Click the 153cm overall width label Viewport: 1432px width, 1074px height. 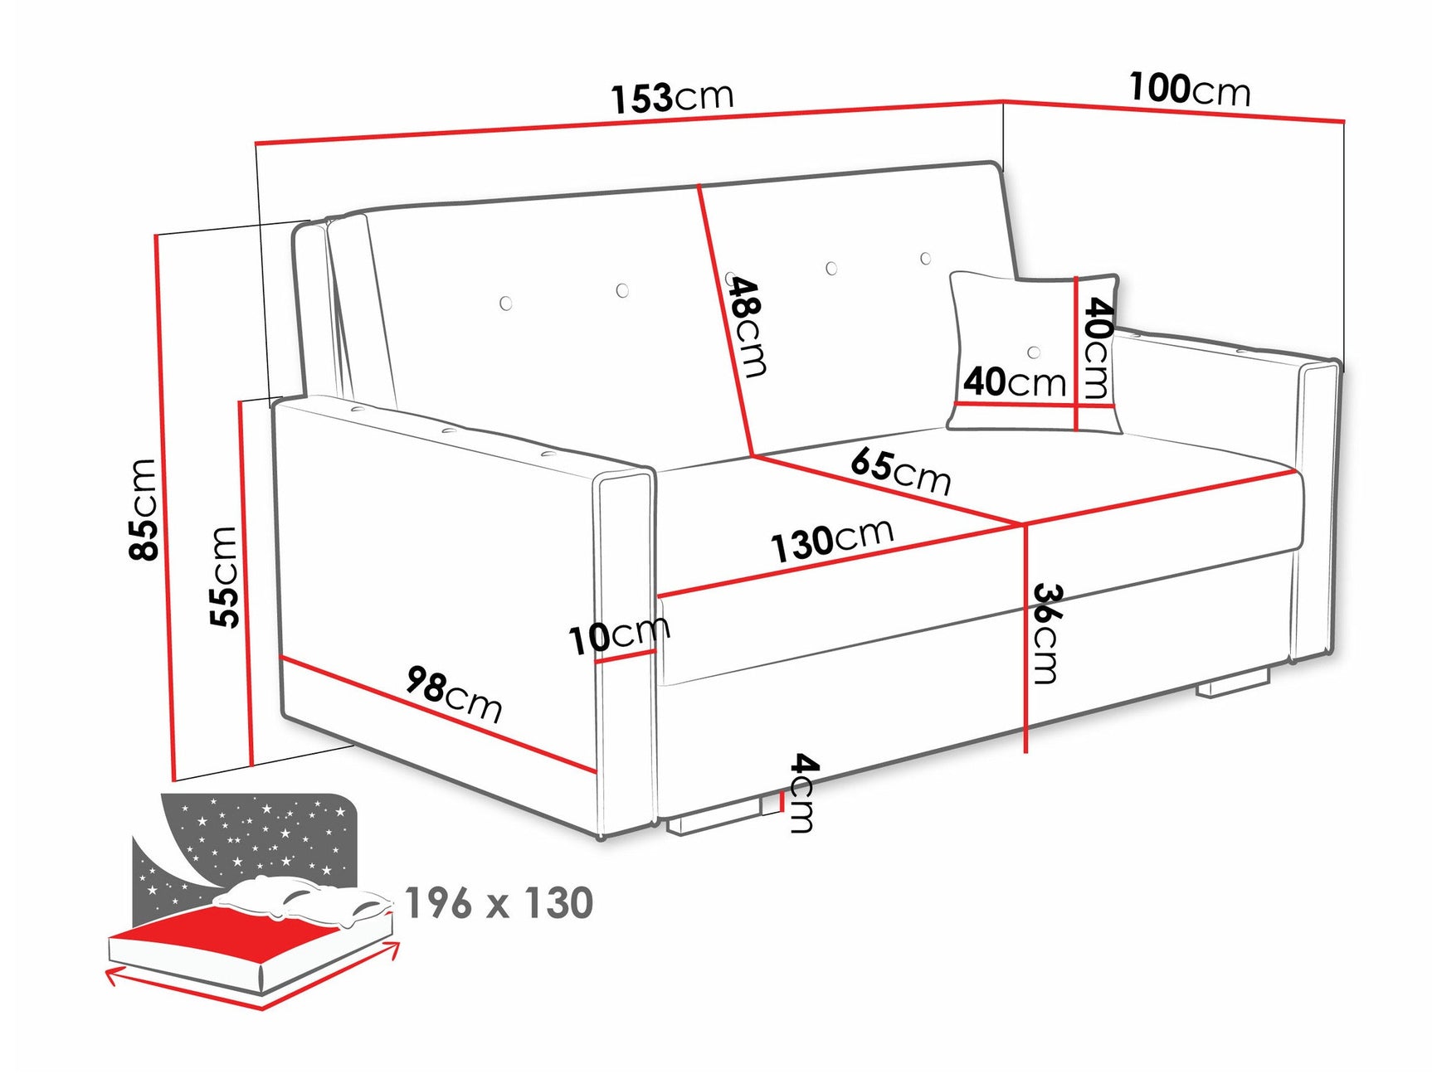tap(672, 98)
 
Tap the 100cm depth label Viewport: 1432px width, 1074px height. tap(1189, 89)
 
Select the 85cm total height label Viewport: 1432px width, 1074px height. tap(143, 509)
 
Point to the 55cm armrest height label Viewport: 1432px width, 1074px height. tap(224, 576)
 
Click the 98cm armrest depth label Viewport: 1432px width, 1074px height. tap(454, 695)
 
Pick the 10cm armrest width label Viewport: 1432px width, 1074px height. tap(619, 636)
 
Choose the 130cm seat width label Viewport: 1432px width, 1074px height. tap(832, 541)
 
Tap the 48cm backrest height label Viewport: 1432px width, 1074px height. tap(746, 325)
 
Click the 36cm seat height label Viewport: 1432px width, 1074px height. tap(1047, 634)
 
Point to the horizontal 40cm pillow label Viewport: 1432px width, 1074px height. tap(1014, 382)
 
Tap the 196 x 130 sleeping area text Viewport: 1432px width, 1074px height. tap(499, 902)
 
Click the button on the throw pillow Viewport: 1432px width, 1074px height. tap(1034, 352)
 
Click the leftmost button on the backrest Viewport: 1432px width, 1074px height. tap(506, 304)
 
